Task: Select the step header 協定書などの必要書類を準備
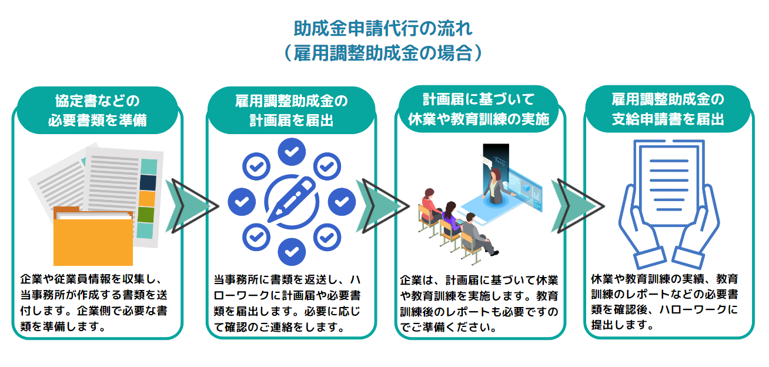point(98,110)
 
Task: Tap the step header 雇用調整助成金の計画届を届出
point(291,110)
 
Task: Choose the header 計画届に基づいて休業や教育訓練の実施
point(478,109)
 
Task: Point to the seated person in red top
point(428,203)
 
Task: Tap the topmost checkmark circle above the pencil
point(291,152)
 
